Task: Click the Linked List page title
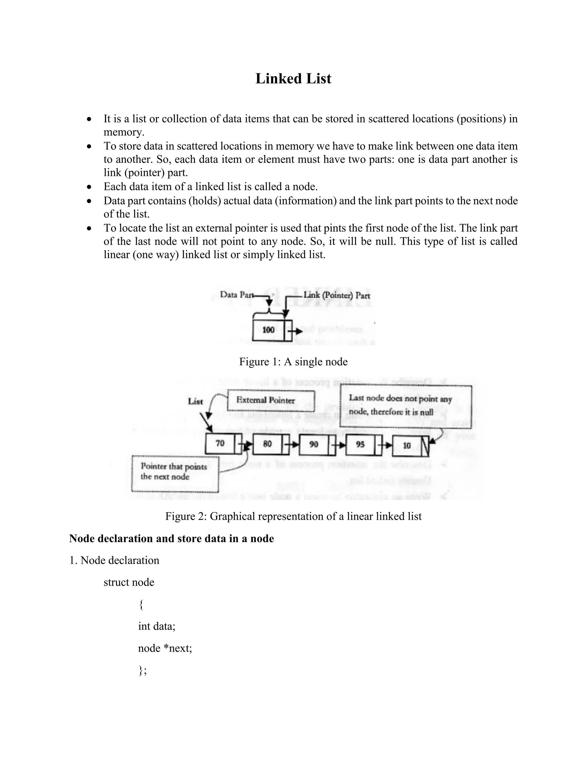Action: click(x=293, y=79)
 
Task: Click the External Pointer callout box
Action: click(x=271, y=401)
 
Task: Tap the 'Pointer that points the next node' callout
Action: click(x=175, y=473)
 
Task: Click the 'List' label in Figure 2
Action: click(x=195, y=402)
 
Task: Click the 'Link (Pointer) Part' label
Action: click(x=336, y=295)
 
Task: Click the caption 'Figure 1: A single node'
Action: click(x=293, y=362)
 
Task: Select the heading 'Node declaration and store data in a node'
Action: click(x=171, y=538)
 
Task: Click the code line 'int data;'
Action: click(x=156, y=626)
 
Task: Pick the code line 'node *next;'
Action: click(x=165, y=648)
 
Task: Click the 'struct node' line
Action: click(x=129, y=582)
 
